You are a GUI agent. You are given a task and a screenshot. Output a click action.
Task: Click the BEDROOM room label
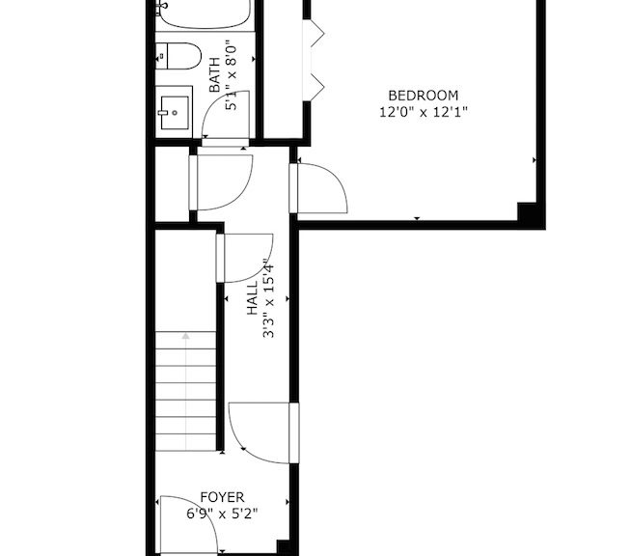[424, 96]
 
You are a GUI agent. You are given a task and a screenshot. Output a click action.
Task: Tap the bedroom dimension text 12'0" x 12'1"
[424, 112]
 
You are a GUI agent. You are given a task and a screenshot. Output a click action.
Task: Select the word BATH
[215, 74]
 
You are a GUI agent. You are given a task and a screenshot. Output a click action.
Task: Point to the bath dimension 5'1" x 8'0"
[231, 75]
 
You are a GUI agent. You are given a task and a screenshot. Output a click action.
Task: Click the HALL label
[252, 298]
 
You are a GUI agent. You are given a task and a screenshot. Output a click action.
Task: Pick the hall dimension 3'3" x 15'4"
[268, 298]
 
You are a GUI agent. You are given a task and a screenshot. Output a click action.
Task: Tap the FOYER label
[222, 497]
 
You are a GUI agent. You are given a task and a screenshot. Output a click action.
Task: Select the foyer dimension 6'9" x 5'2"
[222, 514]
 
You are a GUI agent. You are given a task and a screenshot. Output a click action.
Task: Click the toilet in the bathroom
[178, 56]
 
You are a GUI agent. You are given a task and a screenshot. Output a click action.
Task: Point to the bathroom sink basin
[175, 113]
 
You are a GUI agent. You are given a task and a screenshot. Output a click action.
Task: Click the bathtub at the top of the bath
[205, 14]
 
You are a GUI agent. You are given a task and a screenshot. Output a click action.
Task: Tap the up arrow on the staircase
[185, 336]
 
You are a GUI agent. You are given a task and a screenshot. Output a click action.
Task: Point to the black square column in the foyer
[284, 547]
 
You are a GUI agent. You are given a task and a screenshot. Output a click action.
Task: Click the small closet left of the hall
[172, 183]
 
